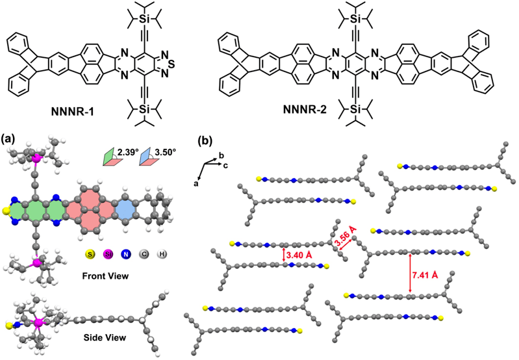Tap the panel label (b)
tap(204, 138)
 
